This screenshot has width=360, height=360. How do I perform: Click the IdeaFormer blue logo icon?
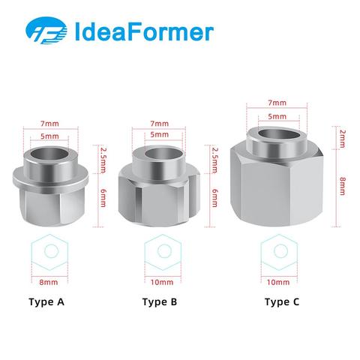pos(46,31)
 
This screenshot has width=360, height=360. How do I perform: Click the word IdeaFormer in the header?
pos(144,31)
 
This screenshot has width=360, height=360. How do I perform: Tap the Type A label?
pos(46,302)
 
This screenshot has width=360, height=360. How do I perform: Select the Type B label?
pos(160,302)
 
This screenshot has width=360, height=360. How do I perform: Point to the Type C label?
pos(282,302)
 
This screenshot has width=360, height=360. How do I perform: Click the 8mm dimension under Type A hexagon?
pos(49,282)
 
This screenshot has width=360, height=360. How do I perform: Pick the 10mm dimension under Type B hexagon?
pos(162,282)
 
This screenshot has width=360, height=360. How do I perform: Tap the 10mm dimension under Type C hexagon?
pos(278,282)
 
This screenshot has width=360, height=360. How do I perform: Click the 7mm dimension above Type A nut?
pos(49,124)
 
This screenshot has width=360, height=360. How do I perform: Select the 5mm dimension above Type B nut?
pos(160,134)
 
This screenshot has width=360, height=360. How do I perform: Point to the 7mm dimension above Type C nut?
pos(277,103)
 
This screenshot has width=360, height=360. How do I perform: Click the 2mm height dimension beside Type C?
pos(343,139)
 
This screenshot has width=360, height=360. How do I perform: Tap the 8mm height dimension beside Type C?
pos(343,186)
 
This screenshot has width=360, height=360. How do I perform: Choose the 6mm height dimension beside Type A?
pos(103,198)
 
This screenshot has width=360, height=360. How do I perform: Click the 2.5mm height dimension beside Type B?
pos(214,160)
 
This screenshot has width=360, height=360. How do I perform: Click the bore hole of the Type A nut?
pos(49,154)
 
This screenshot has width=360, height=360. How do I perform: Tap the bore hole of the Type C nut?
pos(279,134)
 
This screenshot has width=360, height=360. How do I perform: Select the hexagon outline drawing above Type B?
pos(163,252)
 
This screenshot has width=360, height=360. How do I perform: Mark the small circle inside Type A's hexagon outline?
pos(52,250)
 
